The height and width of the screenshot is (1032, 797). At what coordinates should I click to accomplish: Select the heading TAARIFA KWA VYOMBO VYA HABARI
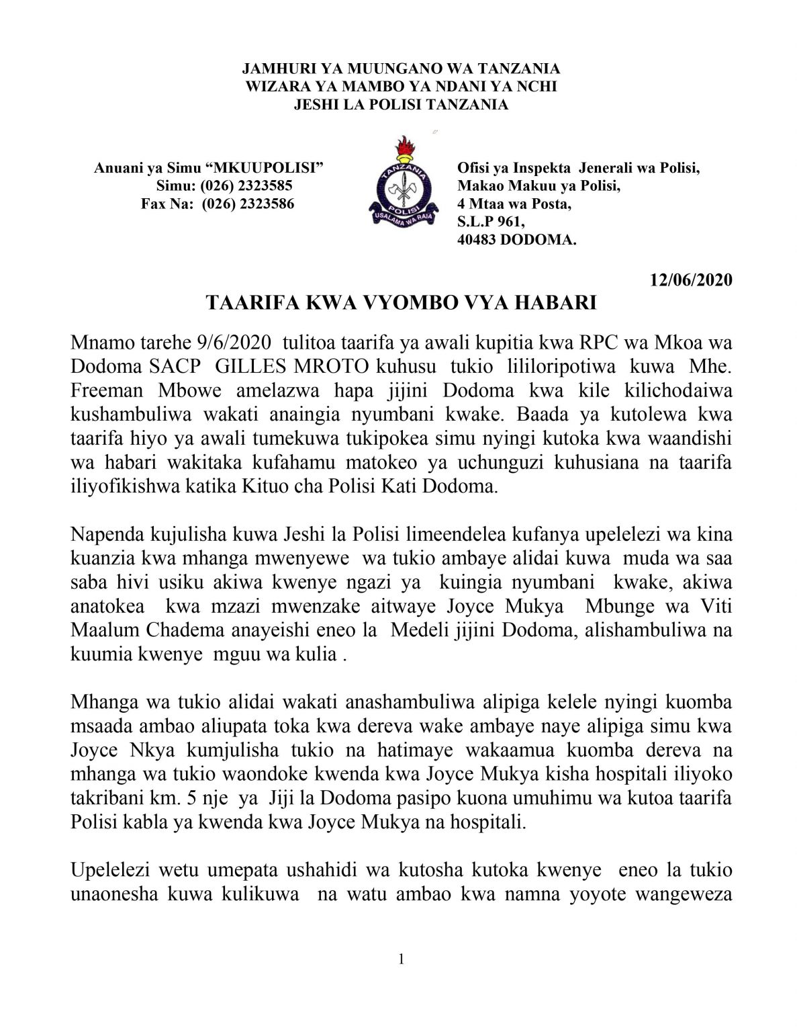[x=401, y=304]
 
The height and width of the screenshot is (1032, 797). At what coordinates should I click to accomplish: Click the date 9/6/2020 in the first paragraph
[x=232, y=343]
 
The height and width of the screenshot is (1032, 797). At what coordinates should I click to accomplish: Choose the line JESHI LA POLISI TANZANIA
[x=401, y=104]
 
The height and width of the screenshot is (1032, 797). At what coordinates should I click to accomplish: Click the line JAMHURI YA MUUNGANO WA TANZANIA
[x=401, y=69]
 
